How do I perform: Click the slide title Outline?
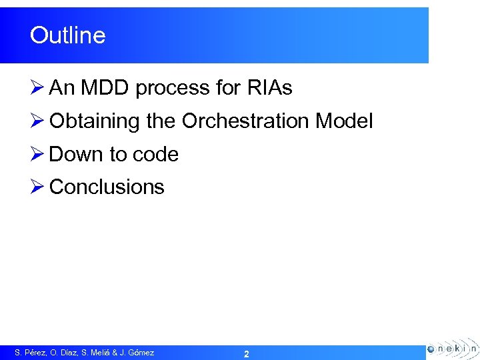pos(67,35)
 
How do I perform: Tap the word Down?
pos(77,154)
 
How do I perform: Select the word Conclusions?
pos(107,187)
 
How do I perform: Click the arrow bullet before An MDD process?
pos(37,88)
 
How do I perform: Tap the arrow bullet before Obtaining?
pos(37,121)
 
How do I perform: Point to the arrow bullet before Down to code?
pos(37,154)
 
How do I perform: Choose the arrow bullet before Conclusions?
pos(37,187)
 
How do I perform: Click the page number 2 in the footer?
pos(246,354)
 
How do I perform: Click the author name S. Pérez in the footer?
pos(31,353)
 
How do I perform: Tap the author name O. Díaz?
pos(65,353)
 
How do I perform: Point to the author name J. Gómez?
pos(137,353)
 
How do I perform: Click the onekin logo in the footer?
pos(452,349)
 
